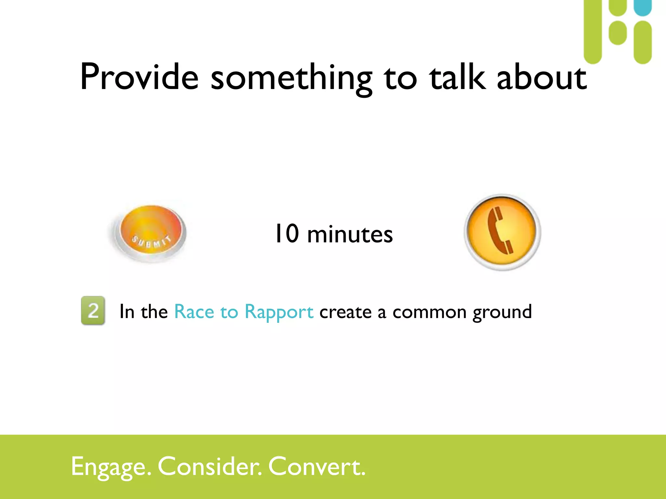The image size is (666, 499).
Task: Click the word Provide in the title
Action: point(139,77)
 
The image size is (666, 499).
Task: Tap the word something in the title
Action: point(291,78)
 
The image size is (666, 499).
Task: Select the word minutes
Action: point(350,234)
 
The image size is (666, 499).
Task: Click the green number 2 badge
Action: point(93,310)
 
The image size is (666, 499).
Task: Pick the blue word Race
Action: point(194,312)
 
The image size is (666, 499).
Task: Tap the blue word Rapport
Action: point(279,312)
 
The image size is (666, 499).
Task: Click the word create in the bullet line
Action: point(345,312)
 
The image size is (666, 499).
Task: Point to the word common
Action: point(430,312)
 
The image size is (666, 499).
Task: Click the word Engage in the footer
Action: point(111,467)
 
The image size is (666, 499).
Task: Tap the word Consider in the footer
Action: point(209,466)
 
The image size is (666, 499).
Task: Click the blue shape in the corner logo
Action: point(643,7)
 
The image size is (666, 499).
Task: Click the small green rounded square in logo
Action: point(618,33)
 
